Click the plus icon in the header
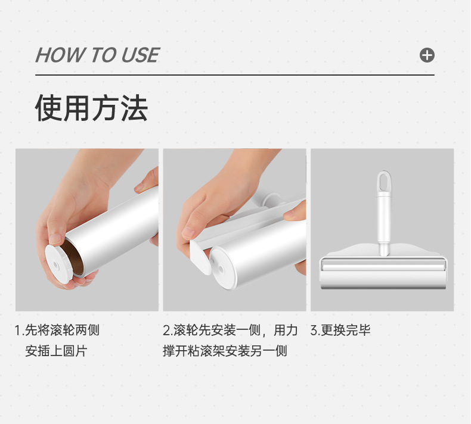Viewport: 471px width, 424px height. click(x=427, y=55)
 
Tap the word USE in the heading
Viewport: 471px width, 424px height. click(x=140, y=55)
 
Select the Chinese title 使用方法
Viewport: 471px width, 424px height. click(x=91, y=108)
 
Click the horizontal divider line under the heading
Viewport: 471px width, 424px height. click(x=234, y=75)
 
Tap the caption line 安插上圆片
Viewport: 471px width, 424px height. click(x=56, y=351)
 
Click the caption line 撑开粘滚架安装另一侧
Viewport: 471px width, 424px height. click(x=225, y=351)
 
